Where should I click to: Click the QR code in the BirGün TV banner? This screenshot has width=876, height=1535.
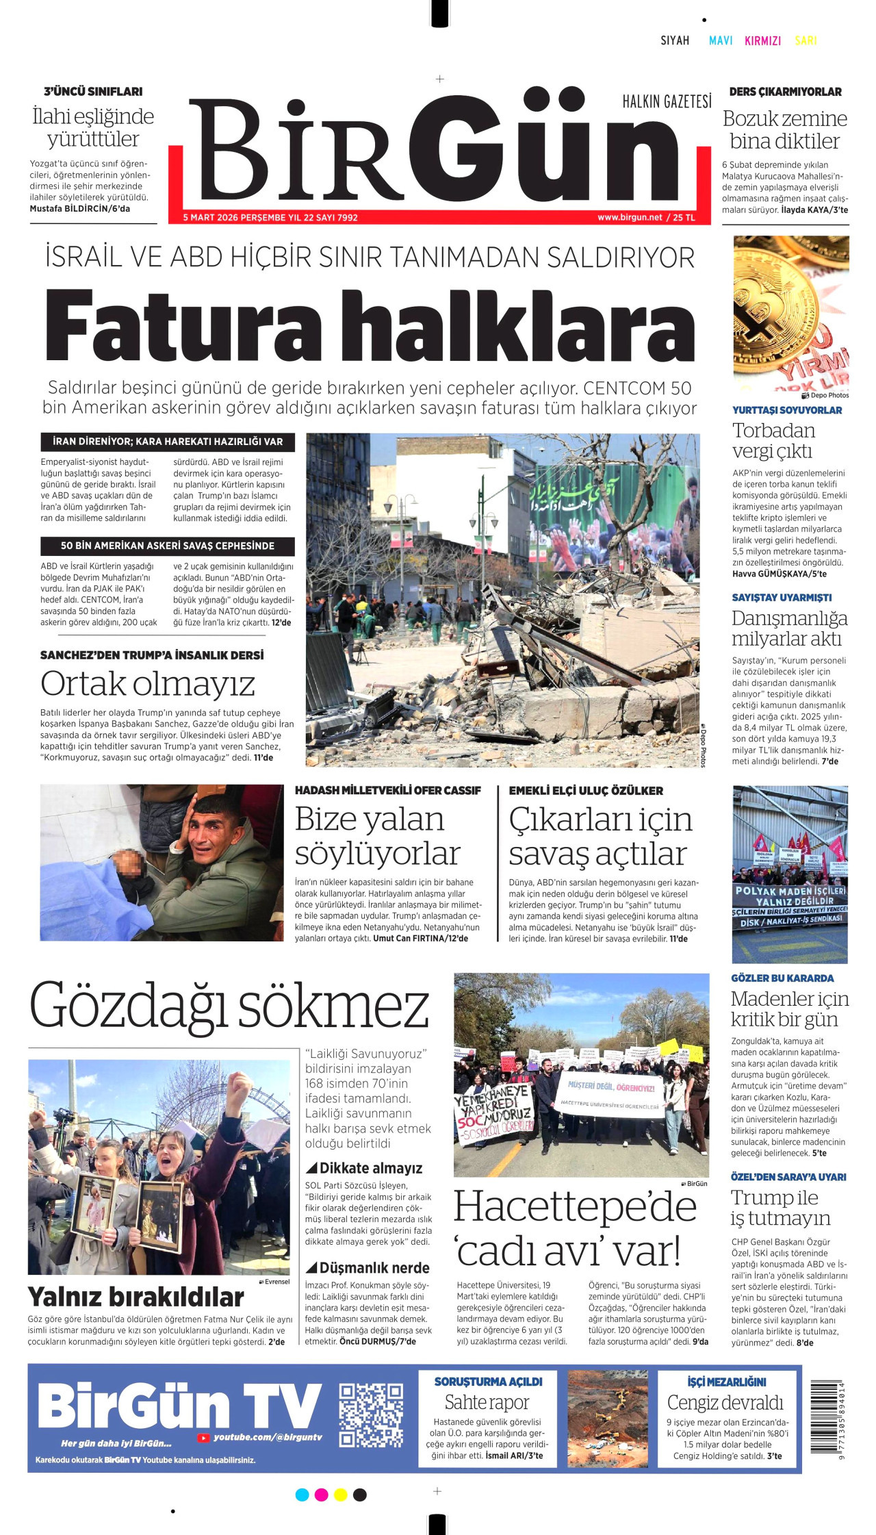[x=371, y=1415]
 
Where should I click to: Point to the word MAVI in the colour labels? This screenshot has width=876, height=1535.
[x=721, y=40]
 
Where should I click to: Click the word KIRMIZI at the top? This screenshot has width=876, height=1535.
[x=762, y=40]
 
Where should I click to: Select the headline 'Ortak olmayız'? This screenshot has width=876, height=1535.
[x=148, y=683]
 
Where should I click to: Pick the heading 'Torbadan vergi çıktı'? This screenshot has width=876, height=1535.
[x=773, y=441]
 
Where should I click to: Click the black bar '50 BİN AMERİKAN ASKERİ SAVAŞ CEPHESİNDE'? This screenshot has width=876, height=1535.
[x=168, y=546]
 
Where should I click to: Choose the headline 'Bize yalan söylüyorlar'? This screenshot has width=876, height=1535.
[x=377, y=836]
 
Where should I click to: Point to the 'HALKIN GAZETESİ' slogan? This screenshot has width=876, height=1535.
[x=667, y=102]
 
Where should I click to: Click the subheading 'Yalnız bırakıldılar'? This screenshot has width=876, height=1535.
[x=136, y=1297]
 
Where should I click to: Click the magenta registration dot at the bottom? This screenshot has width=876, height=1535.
[x=321, y=1495]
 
